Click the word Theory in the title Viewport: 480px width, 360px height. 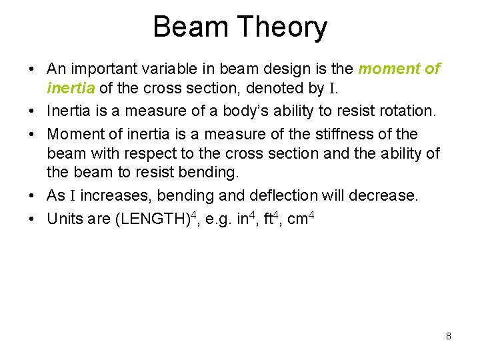tap(283, 27)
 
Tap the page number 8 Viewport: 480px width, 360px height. tap(449, 336)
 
